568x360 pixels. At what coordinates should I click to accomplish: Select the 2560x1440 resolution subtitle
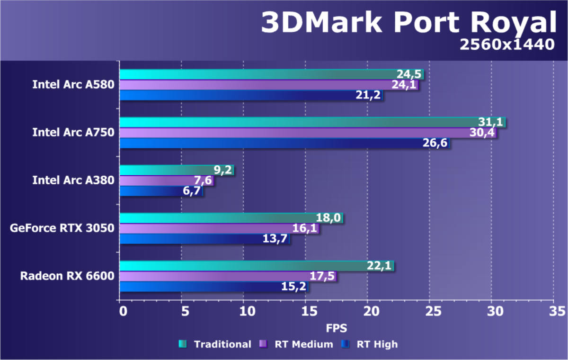coord(506,45)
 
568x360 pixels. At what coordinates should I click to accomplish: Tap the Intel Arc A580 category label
coord(73,85)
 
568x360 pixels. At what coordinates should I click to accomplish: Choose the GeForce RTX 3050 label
coord(62,228)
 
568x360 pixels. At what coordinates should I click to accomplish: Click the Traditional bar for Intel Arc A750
coord(312,122)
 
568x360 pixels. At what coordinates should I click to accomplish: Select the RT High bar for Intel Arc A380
coord(161,191)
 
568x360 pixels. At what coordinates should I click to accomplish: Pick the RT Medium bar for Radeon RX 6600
coord(227,276)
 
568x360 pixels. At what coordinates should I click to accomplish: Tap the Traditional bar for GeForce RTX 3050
coord(231,218)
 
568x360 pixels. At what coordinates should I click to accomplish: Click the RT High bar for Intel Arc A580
coord(251,95)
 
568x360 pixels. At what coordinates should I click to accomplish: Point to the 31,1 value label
coord(491,122)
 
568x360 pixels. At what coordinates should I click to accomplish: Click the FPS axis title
coord(336,328)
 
